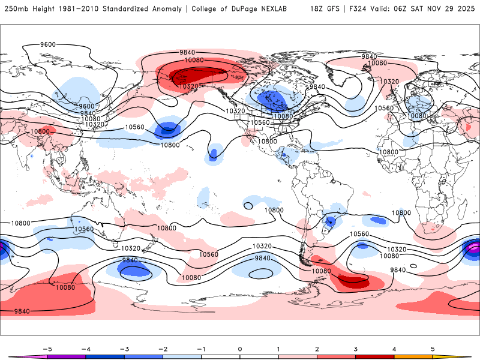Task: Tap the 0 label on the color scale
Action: click(240, 349)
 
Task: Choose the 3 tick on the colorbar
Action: click(356, 349)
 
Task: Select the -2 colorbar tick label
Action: click(163, 349)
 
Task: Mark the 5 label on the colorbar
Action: click(433, 349)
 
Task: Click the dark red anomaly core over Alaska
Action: click(198, 76)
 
